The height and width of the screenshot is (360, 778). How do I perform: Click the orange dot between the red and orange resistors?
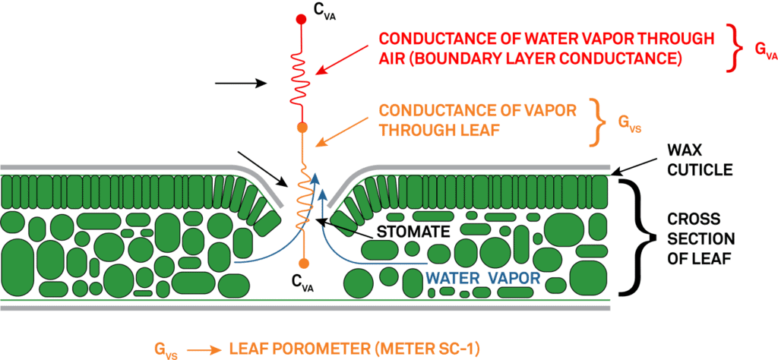(302, 127)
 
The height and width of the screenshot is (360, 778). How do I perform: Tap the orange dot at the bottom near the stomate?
(303, 263)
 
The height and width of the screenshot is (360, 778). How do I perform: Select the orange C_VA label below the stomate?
(302, 283)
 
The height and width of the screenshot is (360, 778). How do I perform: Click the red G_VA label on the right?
(765, 49)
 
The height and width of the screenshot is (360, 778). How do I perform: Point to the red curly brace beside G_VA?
(733, 48)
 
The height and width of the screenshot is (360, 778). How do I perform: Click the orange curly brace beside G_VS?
(600, 124)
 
